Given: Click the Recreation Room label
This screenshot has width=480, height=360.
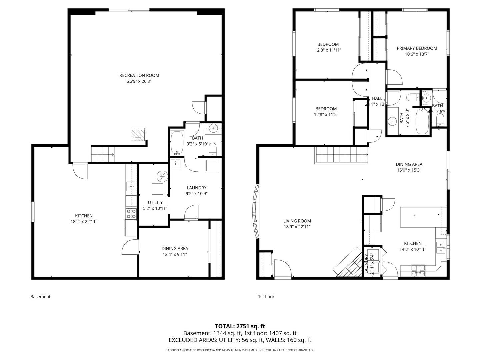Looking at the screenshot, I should click(x=139, y=75).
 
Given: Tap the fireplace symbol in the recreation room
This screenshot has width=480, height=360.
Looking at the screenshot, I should click(x=138, y=135).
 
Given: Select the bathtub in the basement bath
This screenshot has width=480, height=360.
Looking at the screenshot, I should click(x=177, y=143).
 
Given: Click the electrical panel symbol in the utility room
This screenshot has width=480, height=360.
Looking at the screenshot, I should click(x=163, y=176).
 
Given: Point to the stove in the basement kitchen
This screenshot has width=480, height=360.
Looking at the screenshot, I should click(x=131, y=213).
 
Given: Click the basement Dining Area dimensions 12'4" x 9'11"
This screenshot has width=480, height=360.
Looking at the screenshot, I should click(x=175, y=255).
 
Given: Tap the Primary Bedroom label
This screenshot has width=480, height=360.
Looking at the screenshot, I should click(x=417, y=48).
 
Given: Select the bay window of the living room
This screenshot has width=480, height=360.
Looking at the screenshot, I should click(x=256, y=211).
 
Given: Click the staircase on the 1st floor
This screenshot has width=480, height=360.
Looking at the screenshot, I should click(x=341, y=155).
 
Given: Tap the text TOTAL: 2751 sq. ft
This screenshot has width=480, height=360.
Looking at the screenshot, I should click(x=240, y=326).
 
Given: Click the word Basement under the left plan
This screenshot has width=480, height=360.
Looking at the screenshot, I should click(x=40, y=297).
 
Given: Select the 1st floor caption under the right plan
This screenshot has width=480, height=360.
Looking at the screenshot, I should click(x=266, y=297).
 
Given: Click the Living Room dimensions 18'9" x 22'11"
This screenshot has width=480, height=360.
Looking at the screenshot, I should click(x=297, y=227).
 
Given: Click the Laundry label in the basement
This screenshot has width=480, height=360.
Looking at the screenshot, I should click(x=196, y=188).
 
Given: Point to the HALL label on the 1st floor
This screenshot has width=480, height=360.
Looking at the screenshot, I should click(x=377, y=98).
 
